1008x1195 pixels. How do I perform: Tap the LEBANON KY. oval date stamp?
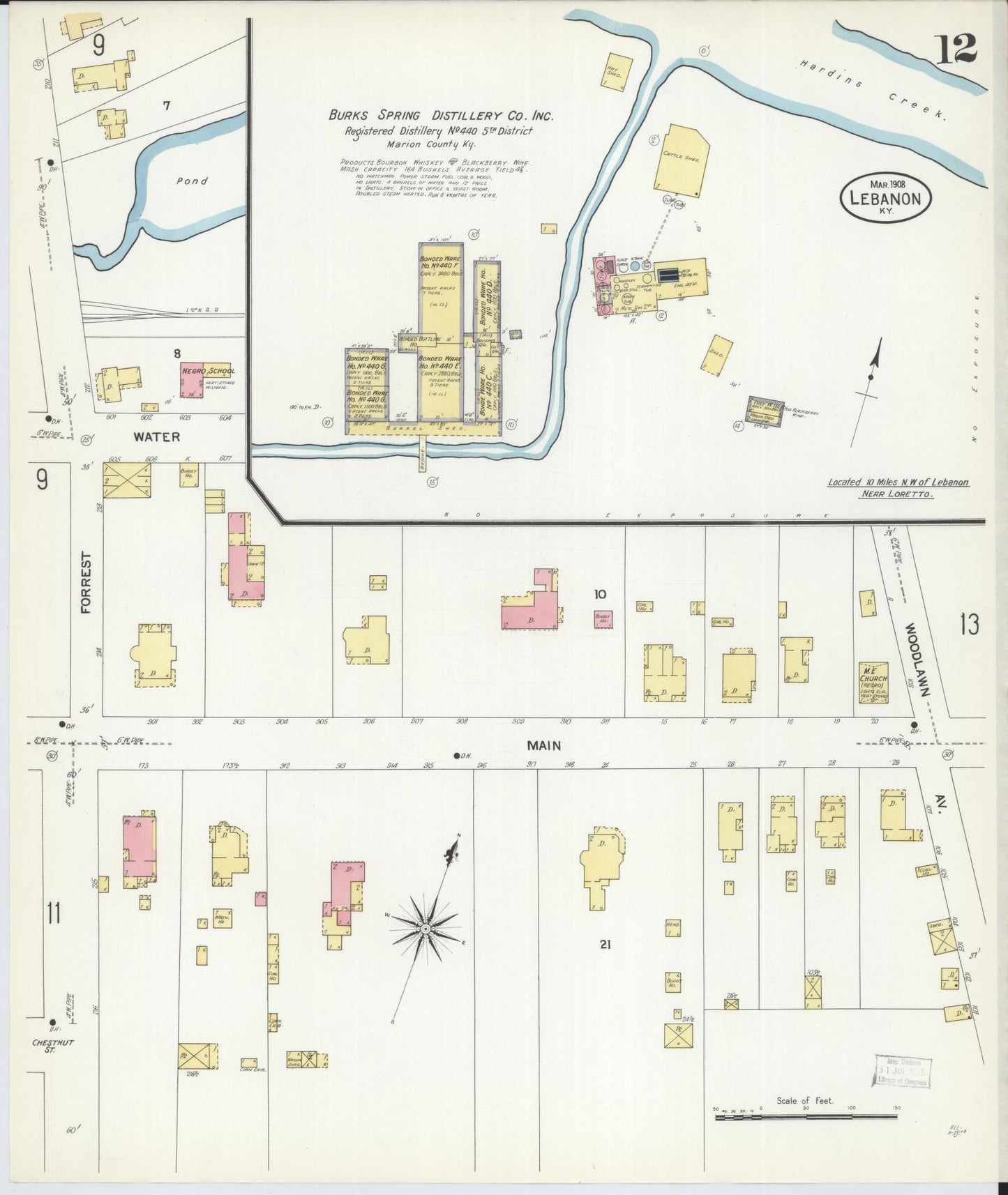[x=885, y=198]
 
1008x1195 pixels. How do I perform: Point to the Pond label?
[x=192, y=181]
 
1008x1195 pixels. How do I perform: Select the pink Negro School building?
[x=192, y=380]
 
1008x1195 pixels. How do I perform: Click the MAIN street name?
[x=544, y=745]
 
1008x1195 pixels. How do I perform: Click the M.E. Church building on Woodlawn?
[x=873, y=682]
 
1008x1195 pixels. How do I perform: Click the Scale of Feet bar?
[x=806, y=1117]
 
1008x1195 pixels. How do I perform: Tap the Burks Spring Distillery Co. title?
[x=441, y=115]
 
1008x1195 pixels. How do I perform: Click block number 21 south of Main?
[x=605, y=944]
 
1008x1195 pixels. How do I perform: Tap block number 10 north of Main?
[x=600, y=594]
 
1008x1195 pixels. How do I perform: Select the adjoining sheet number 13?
[x=968, y=625]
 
